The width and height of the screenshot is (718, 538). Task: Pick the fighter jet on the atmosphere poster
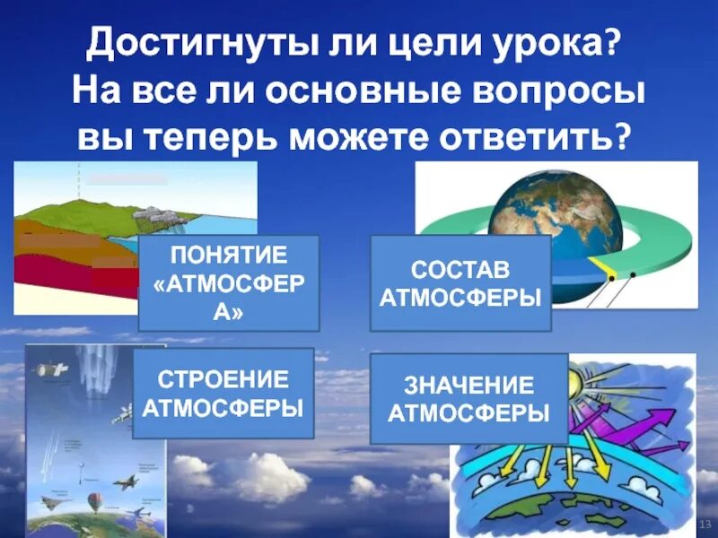pyautogui.click(x=124, y=482)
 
